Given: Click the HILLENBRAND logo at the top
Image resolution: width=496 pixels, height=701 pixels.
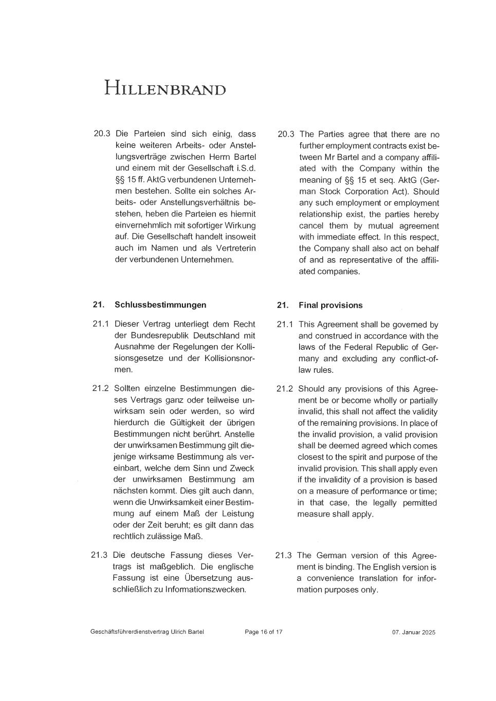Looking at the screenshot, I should coord(165,88).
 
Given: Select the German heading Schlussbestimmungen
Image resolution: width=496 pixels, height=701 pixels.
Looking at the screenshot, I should coord(160,305).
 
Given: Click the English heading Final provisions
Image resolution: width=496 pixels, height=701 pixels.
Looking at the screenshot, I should coord(330,305).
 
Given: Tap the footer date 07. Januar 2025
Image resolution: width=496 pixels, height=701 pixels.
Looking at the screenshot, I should coord(413,632).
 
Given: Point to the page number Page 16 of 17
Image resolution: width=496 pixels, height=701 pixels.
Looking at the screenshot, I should coord(264,632).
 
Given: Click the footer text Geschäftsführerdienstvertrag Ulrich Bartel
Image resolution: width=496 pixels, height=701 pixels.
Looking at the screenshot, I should coord(147,632).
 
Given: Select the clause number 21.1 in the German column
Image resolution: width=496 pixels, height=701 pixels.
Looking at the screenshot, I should coord(101,324).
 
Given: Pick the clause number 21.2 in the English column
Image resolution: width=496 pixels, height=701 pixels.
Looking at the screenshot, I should coord(285,389).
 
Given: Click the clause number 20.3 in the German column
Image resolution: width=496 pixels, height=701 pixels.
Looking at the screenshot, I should coord(102,134).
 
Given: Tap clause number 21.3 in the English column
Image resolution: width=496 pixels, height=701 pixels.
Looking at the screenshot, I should coord(283,555).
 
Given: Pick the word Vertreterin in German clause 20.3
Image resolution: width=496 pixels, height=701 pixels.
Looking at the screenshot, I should coord(233,248).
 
